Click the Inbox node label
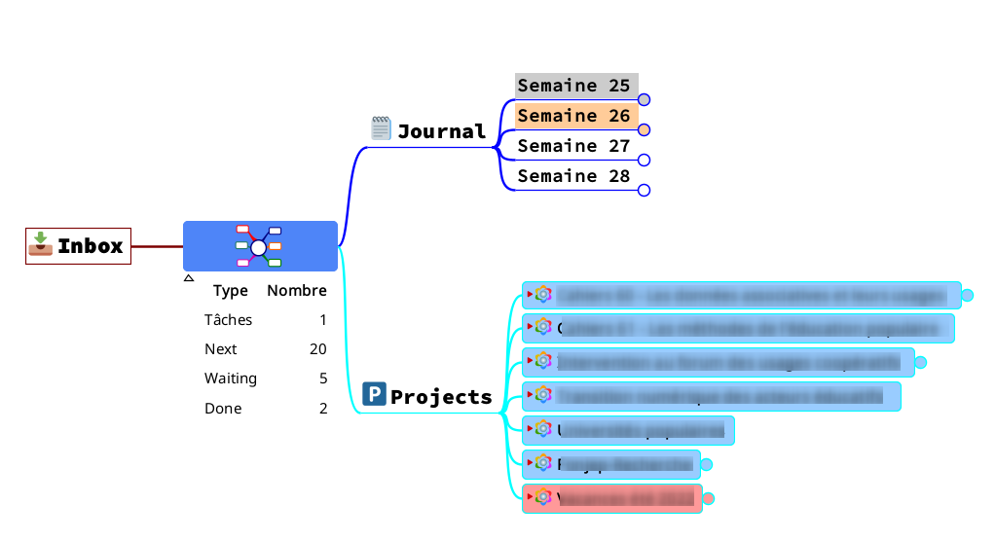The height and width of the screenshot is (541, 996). tap(90, 246)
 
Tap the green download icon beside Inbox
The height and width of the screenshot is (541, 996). tap(40, 244)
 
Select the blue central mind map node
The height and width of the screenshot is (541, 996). tap(260, 246)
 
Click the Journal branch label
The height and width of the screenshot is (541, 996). tap(441, 131)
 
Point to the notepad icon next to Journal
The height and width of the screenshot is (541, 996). tap(381, 128)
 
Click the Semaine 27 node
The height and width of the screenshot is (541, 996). tap(573, 146)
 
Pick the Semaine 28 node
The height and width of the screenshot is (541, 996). tap(573, 176)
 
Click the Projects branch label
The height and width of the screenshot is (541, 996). tap(441, 397)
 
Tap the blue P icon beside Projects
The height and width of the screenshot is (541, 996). tap(374, 393)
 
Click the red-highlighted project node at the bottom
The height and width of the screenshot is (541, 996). tap(612, 498)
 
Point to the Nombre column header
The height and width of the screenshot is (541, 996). tap(297, 290)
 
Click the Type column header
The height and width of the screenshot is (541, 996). tap(231, 290)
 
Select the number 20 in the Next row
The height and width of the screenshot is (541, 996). tap(317, 349)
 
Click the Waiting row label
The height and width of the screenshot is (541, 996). tap(231, 379)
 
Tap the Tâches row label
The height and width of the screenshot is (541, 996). tap(228, 320)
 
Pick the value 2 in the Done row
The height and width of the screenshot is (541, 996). tap(323, 409)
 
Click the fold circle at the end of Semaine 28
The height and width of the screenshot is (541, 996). tap(644, 191)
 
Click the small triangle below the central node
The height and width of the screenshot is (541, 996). tap(189, 278)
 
